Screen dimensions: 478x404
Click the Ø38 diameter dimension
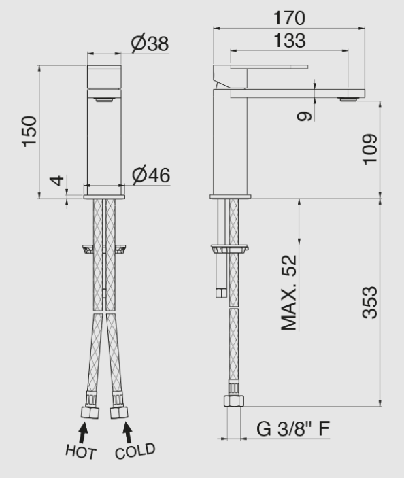(150, 44)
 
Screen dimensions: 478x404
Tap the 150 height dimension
(29, 131)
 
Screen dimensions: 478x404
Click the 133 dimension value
(290, 41)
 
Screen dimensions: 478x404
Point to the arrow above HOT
(84, 432)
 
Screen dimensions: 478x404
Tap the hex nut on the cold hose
(120, 411)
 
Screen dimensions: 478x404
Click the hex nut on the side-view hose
(233, 400)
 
